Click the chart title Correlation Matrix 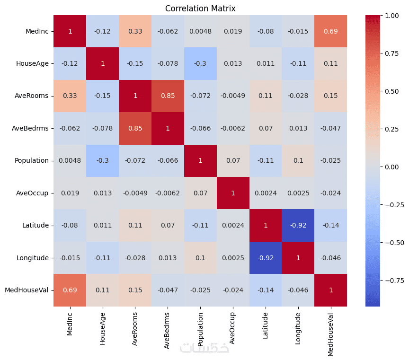[x=200, y=9]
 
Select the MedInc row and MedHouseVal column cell [x=330, y=31]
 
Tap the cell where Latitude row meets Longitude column [x=298, y=225]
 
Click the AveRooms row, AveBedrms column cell [x=168, y=96]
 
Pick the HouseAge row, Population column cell [x=200, y=63]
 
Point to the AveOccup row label [x=32, y=193]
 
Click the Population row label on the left [x=32, y=160]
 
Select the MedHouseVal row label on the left [x=27, y=290]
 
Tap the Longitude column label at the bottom [x=298, y=329]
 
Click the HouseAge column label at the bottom [x=102, y=329]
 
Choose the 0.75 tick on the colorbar [x=392, y=53]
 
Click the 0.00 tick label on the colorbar [x=392, y=167]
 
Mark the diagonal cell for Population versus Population [x=200, y=160]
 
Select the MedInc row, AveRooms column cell [x=135, y=31]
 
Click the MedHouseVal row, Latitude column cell [x=266, y=290]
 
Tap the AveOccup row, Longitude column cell [x=298, y=193]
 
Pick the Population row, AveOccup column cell [x=233, y=160]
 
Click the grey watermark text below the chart [x=204, y=348]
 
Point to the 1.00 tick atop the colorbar [x=392, y=16]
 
